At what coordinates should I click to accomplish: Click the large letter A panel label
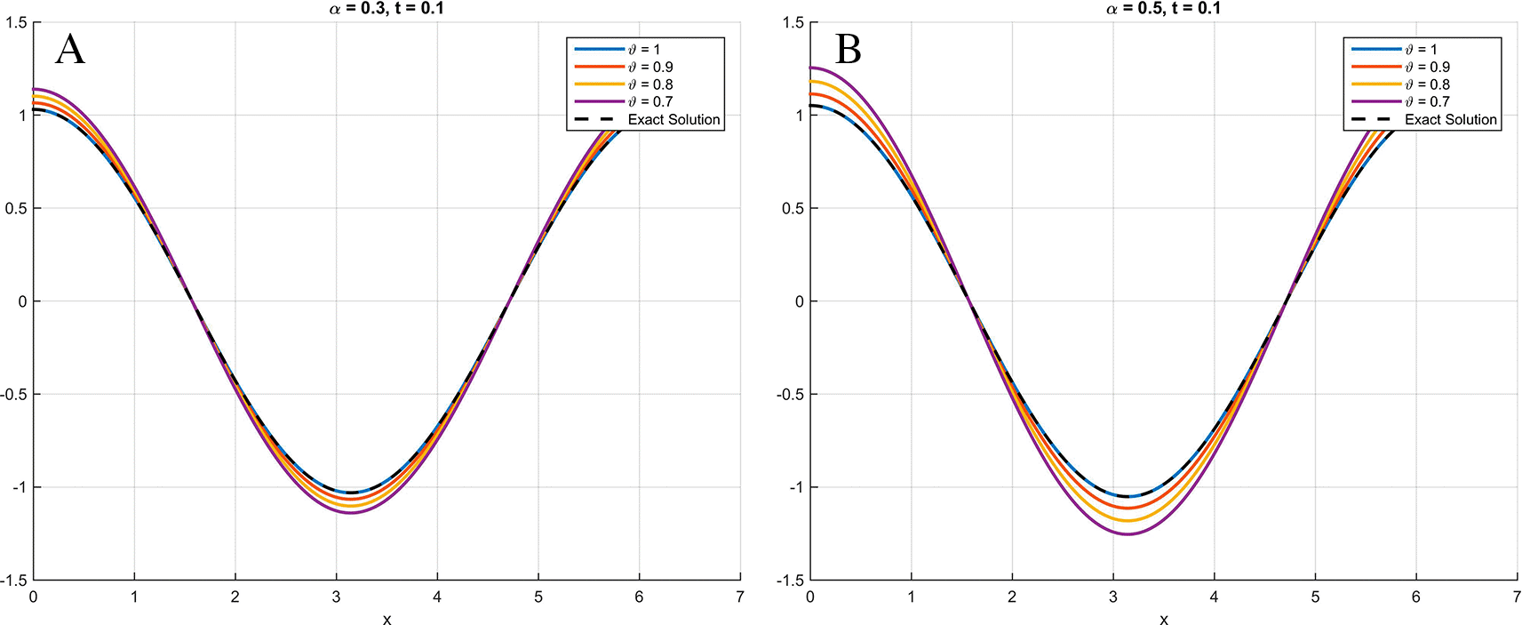click(70, 50)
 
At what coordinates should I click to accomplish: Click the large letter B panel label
click(849, 50)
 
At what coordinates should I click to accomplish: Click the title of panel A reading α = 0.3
click(386, 9)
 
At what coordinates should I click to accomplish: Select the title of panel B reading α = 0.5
click(1163, 9)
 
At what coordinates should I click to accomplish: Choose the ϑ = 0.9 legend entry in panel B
click(1427, 67)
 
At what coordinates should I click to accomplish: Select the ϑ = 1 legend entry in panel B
click(1421, 49)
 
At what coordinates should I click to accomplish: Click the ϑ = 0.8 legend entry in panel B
click(1427, 84)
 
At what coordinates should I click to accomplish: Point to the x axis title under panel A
click(386, 619)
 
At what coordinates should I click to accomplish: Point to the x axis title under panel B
click(1164, 619)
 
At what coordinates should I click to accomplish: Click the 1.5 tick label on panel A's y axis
click(16, 22)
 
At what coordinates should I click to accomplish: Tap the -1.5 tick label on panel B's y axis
click(790, 581)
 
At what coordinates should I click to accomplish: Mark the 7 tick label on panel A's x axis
click(739, 597)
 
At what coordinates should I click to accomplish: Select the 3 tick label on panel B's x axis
click(1112, 597)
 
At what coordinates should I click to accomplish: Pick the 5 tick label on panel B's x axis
click(1315, 597)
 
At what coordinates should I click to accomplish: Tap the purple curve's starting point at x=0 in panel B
click(811, 68)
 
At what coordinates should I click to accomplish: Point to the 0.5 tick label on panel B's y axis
click(793, 208)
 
